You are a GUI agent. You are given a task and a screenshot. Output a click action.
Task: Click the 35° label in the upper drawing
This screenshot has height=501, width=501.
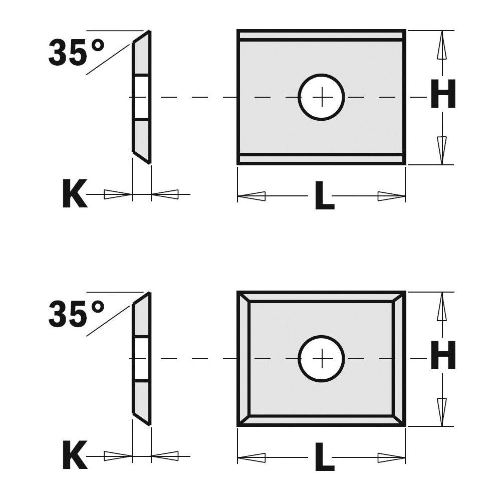tap(76, 52)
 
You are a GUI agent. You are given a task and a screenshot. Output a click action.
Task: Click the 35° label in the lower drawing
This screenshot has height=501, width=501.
tap(76, 314)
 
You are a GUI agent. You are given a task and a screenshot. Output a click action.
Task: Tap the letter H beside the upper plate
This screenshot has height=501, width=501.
tap(443, 96)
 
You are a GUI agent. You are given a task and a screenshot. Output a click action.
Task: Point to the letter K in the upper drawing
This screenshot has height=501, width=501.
tap(75, 195)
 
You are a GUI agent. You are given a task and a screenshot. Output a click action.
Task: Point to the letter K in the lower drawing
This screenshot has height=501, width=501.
tap(75, 456)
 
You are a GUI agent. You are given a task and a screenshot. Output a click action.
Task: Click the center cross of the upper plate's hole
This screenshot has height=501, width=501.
tap(322, 97)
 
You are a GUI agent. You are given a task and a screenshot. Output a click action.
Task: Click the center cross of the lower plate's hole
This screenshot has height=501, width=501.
tap(322, 358)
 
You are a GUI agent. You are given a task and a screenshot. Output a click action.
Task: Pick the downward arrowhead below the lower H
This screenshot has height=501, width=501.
tap(441, 411)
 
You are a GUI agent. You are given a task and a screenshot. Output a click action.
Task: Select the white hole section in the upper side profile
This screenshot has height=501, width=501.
tap(141, 97)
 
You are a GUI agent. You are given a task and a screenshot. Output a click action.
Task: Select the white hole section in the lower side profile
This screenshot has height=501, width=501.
tap(141, 359)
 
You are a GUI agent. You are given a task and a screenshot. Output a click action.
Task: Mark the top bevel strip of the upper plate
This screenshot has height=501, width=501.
tap(321, 35)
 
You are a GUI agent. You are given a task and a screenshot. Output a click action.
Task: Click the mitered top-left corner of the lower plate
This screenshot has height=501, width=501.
tap(243, 297)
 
